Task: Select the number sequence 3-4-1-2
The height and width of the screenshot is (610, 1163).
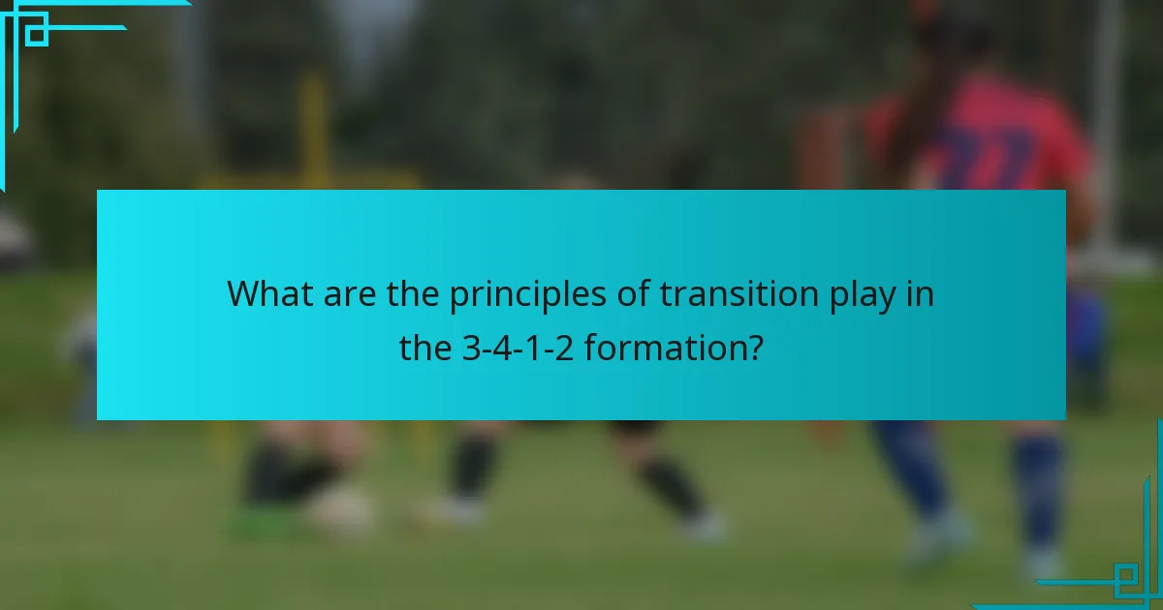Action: [519, 348]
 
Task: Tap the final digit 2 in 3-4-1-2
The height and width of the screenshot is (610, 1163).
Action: [566, 348]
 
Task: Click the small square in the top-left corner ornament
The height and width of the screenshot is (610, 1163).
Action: [36, 33]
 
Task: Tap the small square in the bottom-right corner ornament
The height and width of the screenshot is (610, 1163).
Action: [1125, 578]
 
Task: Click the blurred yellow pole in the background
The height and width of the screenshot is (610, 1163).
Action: [313, 126]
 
